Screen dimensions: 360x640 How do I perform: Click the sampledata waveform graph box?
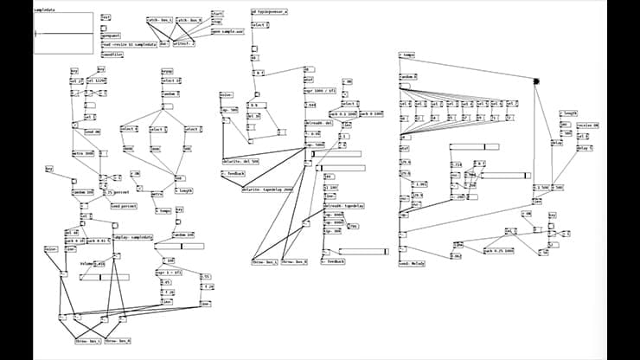click(64, 33)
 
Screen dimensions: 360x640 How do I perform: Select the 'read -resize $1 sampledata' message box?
click(130, 43)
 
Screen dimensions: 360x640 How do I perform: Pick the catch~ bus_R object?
click(189, 19)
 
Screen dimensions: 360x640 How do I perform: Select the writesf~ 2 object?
click(184, 43)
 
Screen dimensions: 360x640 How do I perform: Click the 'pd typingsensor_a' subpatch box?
click(269, 12)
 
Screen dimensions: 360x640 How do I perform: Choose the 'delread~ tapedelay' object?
click(342, 206)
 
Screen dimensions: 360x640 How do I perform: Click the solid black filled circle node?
click(537, 81)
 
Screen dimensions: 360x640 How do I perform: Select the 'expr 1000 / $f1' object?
click(318, 90)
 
